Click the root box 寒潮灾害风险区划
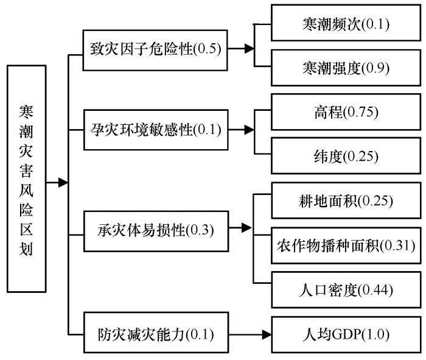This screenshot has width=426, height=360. (26, 178)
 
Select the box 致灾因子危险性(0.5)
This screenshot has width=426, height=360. (155, 51)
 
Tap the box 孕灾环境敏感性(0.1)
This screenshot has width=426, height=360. (156, 130)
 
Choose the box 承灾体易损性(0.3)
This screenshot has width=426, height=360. (156, 231)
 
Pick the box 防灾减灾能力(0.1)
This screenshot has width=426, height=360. (156, 332)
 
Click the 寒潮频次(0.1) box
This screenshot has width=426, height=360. (346, 23)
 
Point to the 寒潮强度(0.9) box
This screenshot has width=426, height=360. (346, 68)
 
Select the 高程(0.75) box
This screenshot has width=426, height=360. (346, 111)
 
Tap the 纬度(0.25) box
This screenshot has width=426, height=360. (346, 156)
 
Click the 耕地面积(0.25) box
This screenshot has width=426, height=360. (346, 200)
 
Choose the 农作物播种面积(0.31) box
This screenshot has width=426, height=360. (346, 245)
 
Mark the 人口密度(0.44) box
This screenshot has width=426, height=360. (346, 290)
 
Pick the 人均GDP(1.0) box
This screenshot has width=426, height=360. (346, 334)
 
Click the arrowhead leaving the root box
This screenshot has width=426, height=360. (63, 183)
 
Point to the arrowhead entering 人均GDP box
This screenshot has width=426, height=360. (267, 334)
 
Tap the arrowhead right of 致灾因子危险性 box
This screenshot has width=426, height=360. (250, 49)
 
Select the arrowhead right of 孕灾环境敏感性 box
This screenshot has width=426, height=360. (250, 130)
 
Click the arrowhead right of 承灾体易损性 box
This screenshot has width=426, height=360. (246, 228)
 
